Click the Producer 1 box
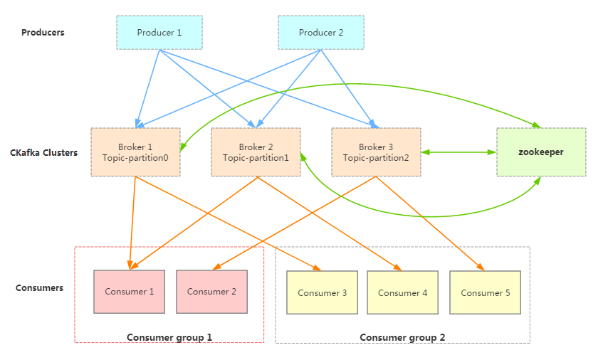(159, 33)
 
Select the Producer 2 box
(321, 33)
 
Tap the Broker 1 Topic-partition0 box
(136, 152)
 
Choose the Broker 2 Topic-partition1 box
(256, 152)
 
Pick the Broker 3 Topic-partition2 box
(376, 152)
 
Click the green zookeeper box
(541, 152)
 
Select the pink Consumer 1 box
(129, 292)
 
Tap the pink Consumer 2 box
(211, 292)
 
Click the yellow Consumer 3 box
(323, 292)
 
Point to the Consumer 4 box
(402, 292)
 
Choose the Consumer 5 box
(485, 292)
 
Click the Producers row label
(43, 33)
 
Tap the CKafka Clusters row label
(44, 153)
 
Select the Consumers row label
(39, 288)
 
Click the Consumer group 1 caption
(169, 337)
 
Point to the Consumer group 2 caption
(402, 337)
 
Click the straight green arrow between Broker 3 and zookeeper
(458, 152)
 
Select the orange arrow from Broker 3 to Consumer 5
(431, 223)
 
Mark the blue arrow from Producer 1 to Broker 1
(148, 88)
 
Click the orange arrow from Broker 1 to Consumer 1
(132, 223)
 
